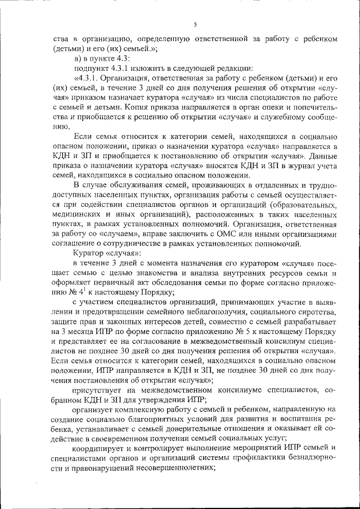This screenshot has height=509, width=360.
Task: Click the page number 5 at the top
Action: pos(195,24)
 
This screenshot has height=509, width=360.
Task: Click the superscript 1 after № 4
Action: pos(82,290)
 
